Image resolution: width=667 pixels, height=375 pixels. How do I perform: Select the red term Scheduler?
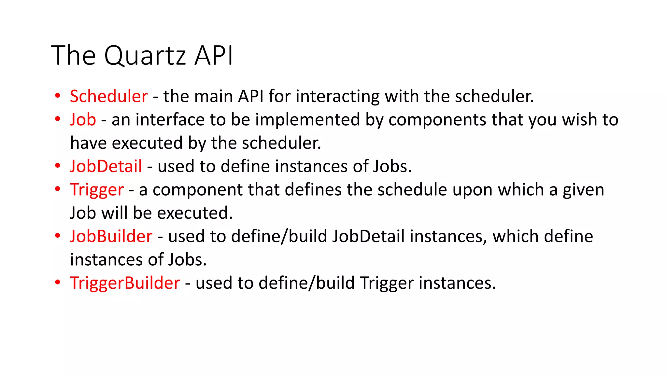[x=109, y=96]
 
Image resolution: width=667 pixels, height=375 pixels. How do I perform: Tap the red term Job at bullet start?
[x=83, y=120]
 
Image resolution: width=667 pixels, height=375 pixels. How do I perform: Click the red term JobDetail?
[x=106, y=166]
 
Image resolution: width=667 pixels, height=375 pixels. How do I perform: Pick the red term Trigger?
[x=97, y=190]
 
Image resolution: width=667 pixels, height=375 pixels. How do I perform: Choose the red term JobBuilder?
[x=111, y=236]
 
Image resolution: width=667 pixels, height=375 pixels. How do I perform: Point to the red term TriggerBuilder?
[x=125, y=283]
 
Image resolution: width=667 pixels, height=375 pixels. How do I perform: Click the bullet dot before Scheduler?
[x=58, y=96]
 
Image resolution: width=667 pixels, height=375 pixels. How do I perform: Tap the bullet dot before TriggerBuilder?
[x=58, y=283]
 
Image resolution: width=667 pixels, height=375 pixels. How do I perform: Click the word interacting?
[x=337, y=96]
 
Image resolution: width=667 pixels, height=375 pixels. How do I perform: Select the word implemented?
[x=307, y=120]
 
